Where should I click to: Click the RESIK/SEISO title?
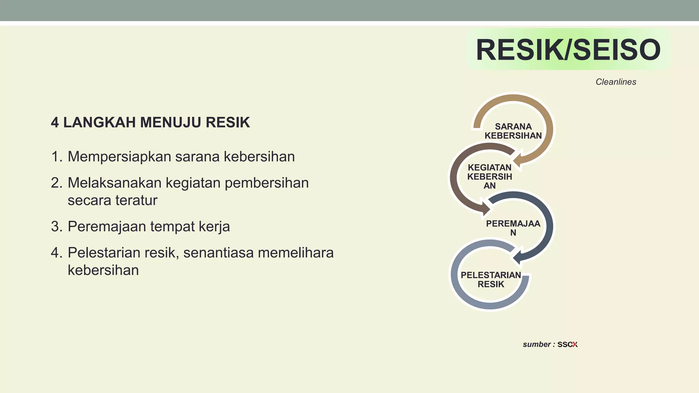pyautogui.click(x=568, y=50)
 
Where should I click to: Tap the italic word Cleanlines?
pyautogui.click(x=616, y=82)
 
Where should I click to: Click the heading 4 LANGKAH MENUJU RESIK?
pyautogui.click(x=150, y=122)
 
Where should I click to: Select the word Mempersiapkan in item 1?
pyautogui.click(x=119, y=157)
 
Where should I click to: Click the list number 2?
pyautogui.click(x=56, y=183)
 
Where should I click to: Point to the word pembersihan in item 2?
pyautogui.click(x=267, y=183)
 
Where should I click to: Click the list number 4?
pyautogui.click(x=56, y=253)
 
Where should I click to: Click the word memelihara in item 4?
pyautogui.click(x=296, y=253)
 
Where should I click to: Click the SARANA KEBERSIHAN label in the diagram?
pyautogui.click(x=513, y=131)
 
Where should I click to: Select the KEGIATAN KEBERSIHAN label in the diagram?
pyautogui.click(x=489, y=176)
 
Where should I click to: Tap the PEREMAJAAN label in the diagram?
pyautogui.click(x=513, y=228)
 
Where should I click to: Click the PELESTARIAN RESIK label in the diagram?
pyautogui.click(x=491, y=279)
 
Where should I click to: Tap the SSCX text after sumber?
pyautogui.click(x=567, y=345)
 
